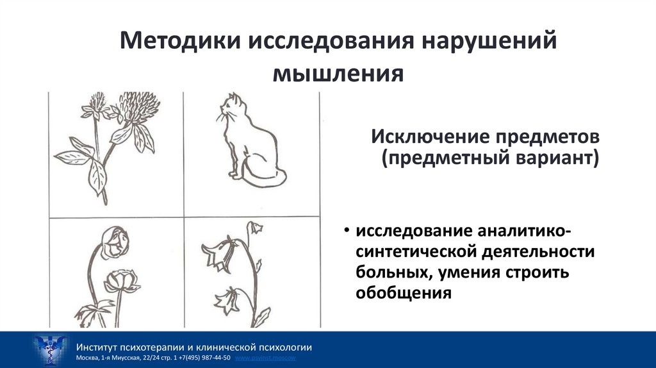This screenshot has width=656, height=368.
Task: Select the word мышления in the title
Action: [339, 73]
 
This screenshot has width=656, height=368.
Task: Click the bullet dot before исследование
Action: [346, 231]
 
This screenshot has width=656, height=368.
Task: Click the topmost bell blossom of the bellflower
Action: [255, 227]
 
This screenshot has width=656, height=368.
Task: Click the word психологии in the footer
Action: [284, 347]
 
